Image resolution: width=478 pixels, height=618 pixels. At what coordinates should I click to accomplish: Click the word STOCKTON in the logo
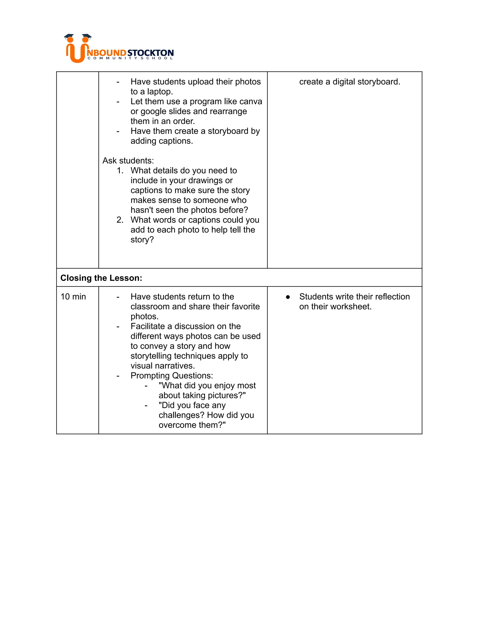click(x=150, y=53)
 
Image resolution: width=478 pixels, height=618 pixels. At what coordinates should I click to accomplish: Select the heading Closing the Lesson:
click(x=101, y=278)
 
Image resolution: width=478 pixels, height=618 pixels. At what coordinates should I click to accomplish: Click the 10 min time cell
click(x=73, y=297)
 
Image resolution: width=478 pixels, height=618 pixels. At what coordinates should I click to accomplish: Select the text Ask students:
click(x=128, y=160)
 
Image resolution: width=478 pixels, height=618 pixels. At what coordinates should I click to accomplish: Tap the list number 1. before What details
click(x=120, y=170)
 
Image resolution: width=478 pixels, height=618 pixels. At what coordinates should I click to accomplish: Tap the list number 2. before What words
click(x=120, y=220)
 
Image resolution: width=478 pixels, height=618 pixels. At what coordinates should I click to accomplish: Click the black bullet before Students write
click(x=288, y=297)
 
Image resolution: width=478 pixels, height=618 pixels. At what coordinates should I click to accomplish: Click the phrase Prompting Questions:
click(x=172, y=375)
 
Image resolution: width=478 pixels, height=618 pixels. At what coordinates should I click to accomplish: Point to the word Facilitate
click(x=148, y=326)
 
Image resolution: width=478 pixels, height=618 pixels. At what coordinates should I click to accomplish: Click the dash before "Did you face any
click(x=146, y=406)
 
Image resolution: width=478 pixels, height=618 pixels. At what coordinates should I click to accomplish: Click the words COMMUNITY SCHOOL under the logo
click(x=130, y=58)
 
